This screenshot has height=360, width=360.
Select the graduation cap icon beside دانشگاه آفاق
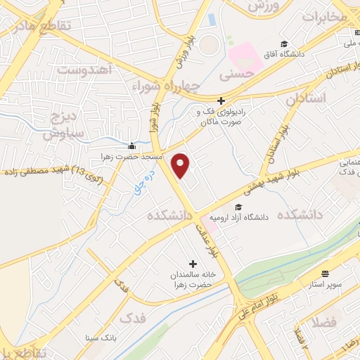tap(283, 44)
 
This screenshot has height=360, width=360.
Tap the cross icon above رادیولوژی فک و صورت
tap(221, 101)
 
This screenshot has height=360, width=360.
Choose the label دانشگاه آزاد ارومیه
tap(245, 217)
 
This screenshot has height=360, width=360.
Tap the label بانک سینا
tap(99, 337)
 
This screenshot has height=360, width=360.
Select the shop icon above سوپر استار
tap(325, 273)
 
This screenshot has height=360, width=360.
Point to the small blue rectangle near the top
tap(212, 18)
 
